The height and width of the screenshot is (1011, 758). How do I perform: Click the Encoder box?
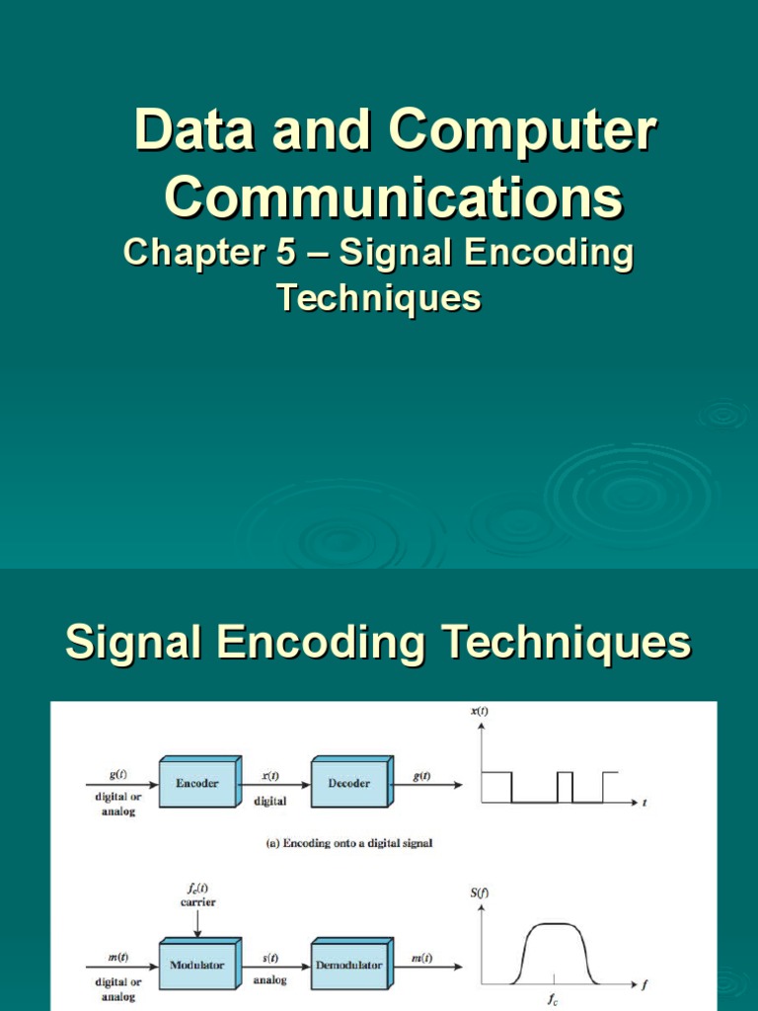[197, 784]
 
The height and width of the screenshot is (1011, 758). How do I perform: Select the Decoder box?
[349, 784]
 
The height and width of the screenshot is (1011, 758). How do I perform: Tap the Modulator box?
[197, 965]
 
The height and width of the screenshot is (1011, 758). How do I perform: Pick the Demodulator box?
[349, 965]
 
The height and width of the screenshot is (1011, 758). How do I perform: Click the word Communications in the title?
[393, 197]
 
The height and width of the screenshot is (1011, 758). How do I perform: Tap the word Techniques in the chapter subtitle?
[378, 297]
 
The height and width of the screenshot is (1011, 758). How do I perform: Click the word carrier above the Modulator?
[197, 902]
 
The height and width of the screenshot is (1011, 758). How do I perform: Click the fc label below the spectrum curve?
[554, 1000]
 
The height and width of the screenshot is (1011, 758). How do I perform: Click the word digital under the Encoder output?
[270, 801]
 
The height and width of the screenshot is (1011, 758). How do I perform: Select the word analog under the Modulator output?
[270, 981]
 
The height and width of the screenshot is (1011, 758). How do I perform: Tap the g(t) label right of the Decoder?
[421, 776]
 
